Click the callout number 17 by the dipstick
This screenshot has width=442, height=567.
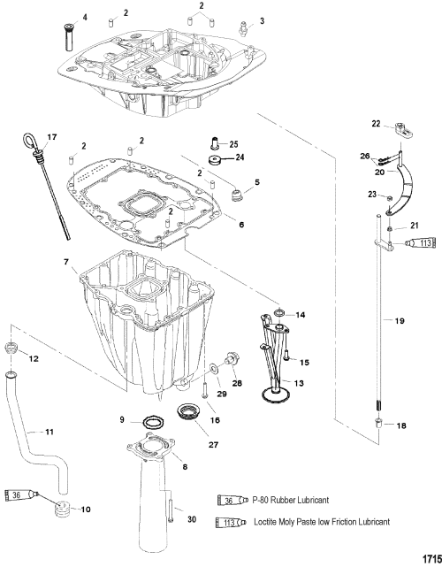click(52, 137)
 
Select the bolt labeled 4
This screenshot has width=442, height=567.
click(69, 36)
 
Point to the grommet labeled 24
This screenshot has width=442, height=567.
click(217, 160)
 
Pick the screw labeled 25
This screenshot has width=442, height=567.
click(216, 142)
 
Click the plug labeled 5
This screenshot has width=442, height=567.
click(237, 195)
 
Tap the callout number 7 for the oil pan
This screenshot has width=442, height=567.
click(66, 262)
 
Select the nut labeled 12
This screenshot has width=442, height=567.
click(11, 349)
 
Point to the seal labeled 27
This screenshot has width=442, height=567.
click(188, 412)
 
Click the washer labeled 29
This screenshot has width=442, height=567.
click(214, 369)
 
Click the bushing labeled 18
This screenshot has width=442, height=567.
click(378, 423)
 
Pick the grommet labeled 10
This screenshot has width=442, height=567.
click(62, 509)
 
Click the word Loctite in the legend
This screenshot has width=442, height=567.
click(265, 522)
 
